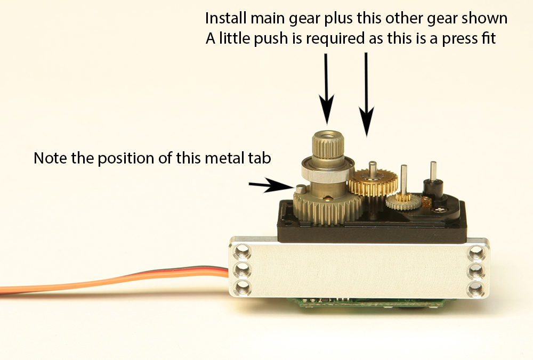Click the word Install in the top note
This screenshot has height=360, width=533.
coord(226,18)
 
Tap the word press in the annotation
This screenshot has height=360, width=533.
coord(457,39)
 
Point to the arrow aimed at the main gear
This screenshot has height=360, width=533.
coord(326,89)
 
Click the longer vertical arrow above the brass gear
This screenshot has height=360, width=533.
coord(367,95)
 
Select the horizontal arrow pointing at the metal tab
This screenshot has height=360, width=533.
coord(271,185)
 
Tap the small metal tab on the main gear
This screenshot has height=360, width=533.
coord(301,189)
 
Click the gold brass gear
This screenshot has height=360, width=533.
coord(373,183)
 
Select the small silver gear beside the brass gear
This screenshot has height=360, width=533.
coord(403,202)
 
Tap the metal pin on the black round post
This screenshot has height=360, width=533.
coord(433,171)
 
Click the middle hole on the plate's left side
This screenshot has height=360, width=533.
coord(241,271)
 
